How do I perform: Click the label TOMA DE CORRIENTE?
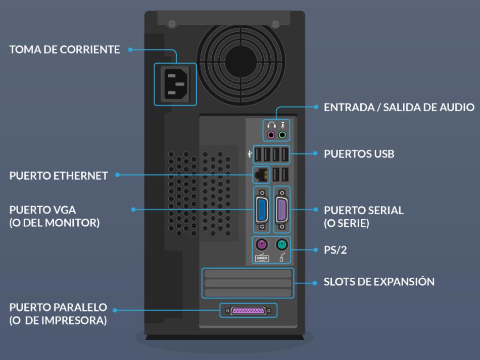point(65,50)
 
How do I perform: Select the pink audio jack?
point(271,135)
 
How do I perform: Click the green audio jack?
point(282,135)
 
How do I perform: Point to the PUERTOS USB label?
point(359,153)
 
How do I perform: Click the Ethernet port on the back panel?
point(261,175)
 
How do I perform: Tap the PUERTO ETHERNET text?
point(59,176)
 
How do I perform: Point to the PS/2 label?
point(336,250)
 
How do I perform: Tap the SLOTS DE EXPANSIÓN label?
point(379,282)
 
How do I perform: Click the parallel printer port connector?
point(248,310)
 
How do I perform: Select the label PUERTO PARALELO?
point(58,307)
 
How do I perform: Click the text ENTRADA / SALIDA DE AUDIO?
point(399,108)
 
